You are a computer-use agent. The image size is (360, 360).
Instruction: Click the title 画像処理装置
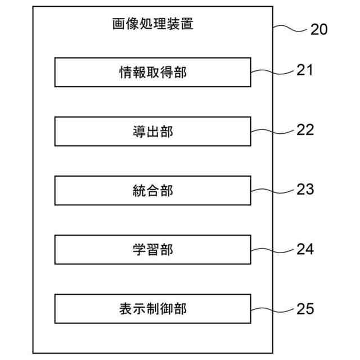point(153,25)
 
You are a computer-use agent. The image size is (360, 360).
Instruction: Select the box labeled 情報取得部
point(153,72)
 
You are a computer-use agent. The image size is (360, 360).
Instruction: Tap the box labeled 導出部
point(153,132)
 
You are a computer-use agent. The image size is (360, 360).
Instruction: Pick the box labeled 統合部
point(153,191)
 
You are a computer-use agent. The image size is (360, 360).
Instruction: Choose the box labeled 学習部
point(153,250)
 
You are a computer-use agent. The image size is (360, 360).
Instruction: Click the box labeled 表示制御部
point(153,309)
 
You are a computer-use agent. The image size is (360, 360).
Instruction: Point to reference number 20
point(318,30)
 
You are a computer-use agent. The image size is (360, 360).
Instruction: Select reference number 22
point(305,130)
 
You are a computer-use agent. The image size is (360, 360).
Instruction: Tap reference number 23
point(305,189)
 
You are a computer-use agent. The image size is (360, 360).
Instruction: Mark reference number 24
point(305,249)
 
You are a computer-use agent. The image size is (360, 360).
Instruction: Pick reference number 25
point(305,308)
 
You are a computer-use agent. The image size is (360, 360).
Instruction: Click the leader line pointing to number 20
point(290,26)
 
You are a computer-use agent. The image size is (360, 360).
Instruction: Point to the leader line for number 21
point(273,71)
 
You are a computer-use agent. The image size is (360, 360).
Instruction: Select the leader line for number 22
point(273,131)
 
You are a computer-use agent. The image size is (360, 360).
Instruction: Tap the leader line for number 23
point(273,190)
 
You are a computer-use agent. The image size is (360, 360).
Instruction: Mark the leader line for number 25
point(273,309)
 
